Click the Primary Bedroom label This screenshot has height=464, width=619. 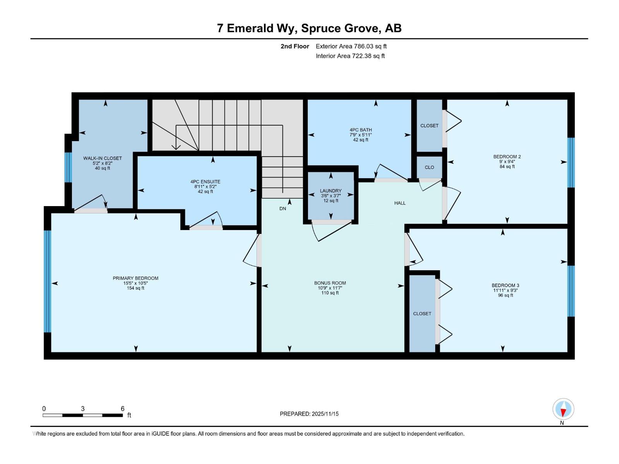click(135, 278)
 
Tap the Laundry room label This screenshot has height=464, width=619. click(331, 191)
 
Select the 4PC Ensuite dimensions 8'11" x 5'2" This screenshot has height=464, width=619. click(205, 186)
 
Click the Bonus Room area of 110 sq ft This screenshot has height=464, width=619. click(330, 293)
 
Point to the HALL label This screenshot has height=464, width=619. click(400, 203)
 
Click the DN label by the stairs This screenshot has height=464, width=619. click(283, 208)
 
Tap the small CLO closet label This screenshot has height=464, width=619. click(429, 167)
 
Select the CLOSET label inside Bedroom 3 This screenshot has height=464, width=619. click(422, 314)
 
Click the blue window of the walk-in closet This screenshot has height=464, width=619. click(68, 167)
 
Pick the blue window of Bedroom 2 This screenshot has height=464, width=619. click(571, 162)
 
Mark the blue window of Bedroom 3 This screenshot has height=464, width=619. click(571, 291)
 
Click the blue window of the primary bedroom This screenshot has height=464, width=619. click(47, 281)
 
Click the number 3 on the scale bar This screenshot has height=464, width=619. click(83, 409)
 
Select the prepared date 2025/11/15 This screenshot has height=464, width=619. click(324, 414)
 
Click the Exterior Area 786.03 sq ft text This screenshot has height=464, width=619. click(351, 46)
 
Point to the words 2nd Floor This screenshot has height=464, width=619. click(295, 46)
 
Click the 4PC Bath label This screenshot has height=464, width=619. click(361, 130)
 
